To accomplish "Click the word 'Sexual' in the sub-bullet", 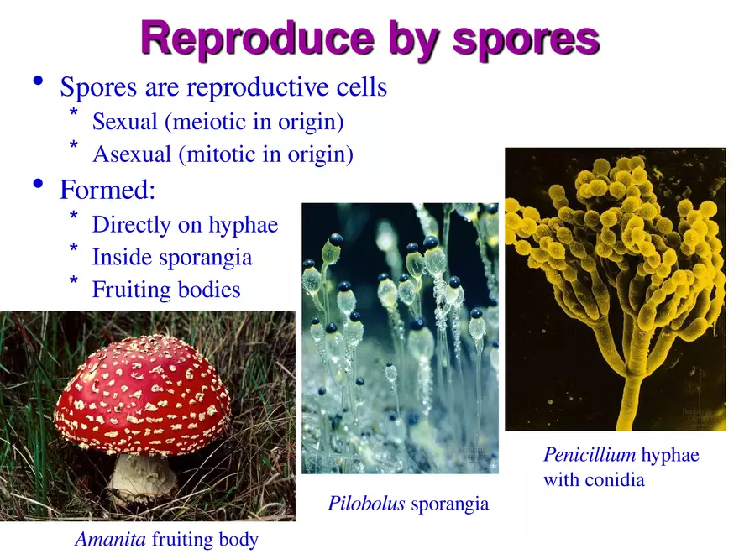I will [125, 122].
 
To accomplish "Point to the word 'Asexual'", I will [132, 154].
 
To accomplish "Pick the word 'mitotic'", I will [218, 154].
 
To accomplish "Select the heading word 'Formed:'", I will [107, 190].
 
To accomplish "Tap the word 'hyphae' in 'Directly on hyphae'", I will [243, 225].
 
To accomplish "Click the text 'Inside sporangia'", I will [171, 257].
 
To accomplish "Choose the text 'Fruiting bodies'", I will [165, 290].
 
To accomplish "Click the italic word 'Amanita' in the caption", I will [109, 539].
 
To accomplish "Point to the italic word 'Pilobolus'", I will [366, 504].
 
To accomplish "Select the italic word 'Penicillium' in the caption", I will [589, 455].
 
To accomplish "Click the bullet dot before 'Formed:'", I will [36, 184].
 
